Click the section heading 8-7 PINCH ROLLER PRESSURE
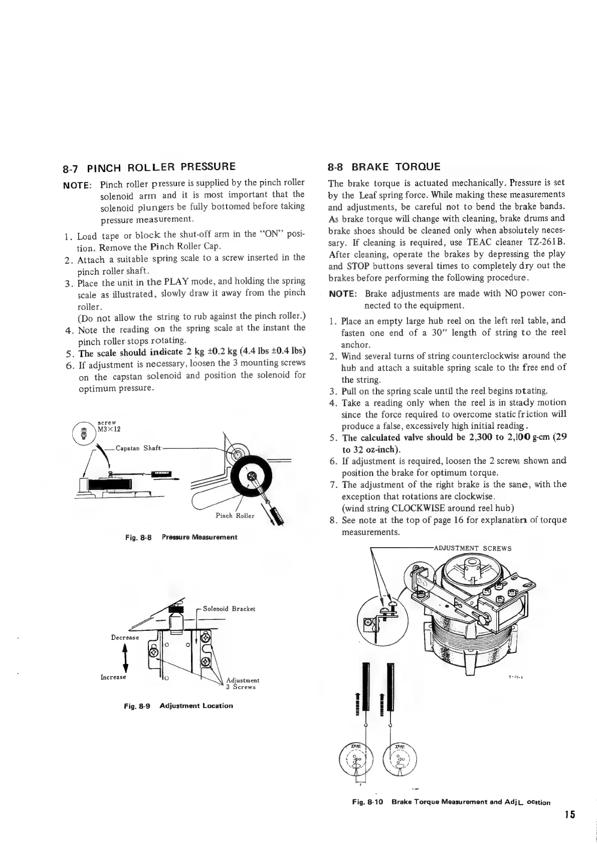(148, 166)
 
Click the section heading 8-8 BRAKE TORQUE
(384, 166)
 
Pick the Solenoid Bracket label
(229, 609)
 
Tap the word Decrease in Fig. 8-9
(125, 637)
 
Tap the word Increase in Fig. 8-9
(114, 677)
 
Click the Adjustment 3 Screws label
(243, 684)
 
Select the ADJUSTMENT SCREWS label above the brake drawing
(472, 548)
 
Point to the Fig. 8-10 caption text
(451, 802)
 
